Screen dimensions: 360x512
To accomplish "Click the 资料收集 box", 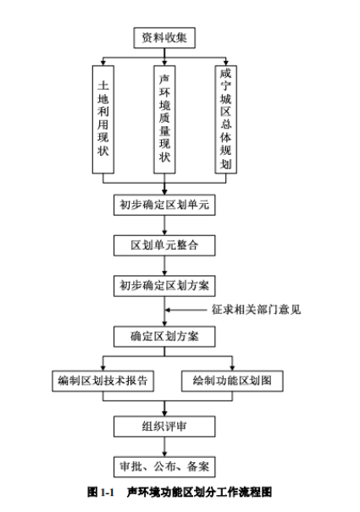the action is click(x=164, y=38).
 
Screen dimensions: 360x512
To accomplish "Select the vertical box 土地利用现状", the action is click(x=103, y=119).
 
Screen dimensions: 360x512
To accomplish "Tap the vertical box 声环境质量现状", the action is click(x=164, y=119).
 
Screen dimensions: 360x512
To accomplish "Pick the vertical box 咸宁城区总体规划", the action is click(x=225, y=119).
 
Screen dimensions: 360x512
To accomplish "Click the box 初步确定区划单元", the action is click(x=164, y=205).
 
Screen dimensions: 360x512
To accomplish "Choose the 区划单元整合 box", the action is click(x=164, y=245).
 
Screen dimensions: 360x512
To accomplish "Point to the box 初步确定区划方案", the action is click(x=164, y=286).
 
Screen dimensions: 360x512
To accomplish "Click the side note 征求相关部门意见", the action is click(x=256, y=310).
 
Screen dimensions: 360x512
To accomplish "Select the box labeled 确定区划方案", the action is click(x=164, y=336).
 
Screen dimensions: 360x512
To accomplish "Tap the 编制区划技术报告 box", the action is click(x=102, y=381).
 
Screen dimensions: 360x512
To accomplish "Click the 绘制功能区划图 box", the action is click(x=232, y=381).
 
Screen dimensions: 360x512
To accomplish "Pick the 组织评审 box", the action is click(x=164, y=427).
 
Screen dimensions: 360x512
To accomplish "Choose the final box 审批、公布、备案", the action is click(x=164, y=467).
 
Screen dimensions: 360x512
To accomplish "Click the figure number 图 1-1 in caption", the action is click(x=101, y=492).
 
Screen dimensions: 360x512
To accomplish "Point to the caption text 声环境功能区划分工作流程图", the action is click(x=199, y=492).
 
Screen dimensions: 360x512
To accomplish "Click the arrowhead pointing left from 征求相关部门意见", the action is click(x=168, y=310).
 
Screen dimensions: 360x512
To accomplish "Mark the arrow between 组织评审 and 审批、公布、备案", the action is click(x=164, y=447).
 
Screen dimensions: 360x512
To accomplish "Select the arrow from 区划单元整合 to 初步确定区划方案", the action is click(x=164, y=266).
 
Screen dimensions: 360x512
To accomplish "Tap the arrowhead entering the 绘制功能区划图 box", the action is click(x=232, y=367).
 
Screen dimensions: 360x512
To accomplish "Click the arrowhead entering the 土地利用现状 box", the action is click(x=103, y=63).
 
